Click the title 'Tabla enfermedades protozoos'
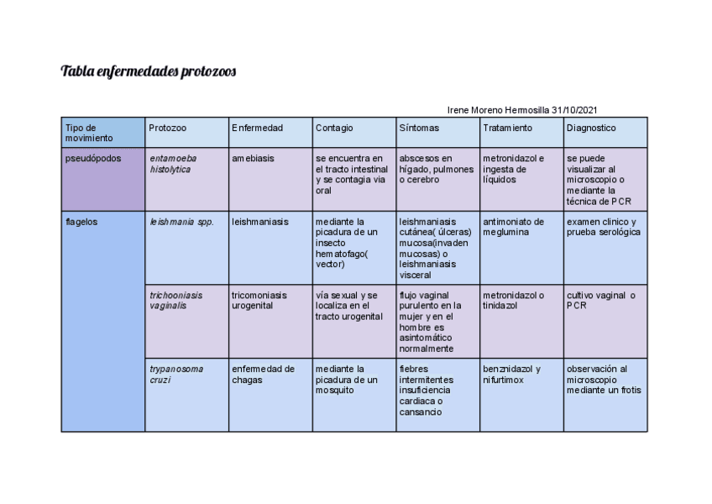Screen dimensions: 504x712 [x=149, y=71]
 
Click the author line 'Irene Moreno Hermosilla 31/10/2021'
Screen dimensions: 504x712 [x=522, y=110]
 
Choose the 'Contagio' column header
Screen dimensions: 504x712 [x=334, y=128]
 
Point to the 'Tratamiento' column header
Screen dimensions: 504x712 [x=507, y=128]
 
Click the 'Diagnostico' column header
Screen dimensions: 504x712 [x=591, y=128]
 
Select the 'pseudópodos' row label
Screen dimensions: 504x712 [x=92, y=158]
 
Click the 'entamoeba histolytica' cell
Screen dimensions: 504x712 [x=174, y=164]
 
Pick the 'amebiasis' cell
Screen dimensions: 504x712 [x=253, y=158]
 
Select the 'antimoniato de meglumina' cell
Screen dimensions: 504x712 [x=513, y=227]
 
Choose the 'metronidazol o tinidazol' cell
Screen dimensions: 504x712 [x=513, y=301]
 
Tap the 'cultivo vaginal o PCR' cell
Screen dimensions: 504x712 [x=600, y=301]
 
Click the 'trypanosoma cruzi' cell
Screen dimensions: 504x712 [x=176, y=374]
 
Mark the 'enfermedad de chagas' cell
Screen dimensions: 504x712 [x=263, y=374]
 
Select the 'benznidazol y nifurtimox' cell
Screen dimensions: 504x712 [x=511, y=374]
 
